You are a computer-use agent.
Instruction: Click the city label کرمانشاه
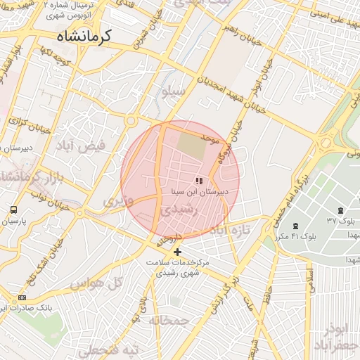(87, 35)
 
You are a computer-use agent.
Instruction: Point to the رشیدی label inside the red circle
(171, 209)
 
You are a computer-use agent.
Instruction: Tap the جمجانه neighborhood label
(169, 321)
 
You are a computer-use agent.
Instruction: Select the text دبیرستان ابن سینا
(205, 191)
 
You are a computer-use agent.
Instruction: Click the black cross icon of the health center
(177, 252)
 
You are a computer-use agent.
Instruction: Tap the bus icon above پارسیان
(14, 210)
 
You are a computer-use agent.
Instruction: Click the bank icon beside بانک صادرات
(24, 297)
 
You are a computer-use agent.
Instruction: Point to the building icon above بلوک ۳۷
(341, 210)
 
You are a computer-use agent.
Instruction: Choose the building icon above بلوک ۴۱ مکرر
(295, 226)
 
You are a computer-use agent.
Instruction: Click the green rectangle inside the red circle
(191, 144)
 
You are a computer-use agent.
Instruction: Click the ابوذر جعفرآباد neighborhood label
(340, 337)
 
